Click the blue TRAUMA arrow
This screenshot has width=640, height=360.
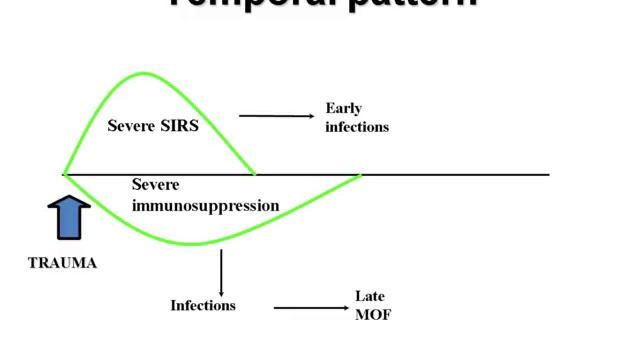click(69, 217)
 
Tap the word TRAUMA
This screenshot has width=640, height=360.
click(62, 264)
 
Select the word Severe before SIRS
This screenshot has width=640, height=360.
click(131, 126)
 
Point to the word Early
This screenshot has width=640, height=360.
click(343, 108)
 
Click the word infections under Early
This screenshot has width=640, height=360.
click(356, 127)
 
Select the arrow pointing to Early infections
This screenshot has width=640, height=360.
click(276, 116)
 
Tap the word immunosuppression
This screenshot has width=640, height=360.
click(205, 206)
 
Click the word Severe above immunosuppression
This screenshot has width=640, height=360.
click(155, 185)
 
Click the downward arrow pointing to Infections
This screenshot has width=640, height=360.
click(221, 271)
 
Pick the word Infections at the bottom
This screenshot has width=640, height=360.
click(203, 305)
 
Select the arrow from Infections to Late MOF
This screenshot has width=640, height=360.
click(311, 308)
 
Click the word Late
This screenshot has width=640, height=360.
click(370, 297)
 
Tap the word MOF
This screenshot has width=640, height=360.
click(373, 315)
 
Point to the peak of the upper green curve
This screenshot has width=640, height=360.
click(143, 73)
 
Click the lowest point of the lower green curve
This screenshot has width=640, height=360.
click(195, 244)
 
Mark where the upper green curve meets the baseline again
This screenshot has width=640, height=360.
click(254, 174)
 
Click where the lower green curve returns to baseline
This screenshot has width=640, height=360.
click(360, 175)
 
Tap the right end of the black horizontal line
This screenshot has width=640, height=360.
click(549, 175)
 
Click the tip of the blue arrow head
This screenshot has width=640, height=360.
click(69, 196)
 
